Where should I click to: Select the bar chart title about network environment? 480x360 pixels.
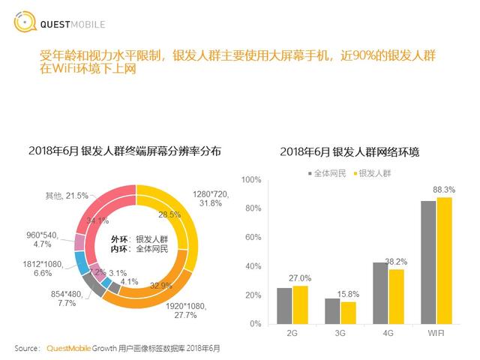tap(349, 151)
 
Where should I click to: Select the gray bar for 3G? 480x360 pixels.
tap(332, 310)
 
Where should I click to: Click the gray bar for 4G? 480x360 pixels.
tap(380, 292)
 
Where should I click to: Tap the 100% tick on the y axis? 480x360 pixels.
tap(251, 180)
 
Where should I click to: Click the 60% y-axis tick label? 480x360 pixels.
tap(253, 238)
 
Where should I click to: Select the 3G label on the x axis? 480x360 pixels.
tap(340, 334)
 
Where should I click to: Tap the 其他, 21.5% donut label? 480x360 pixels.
tap(64, 196)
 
